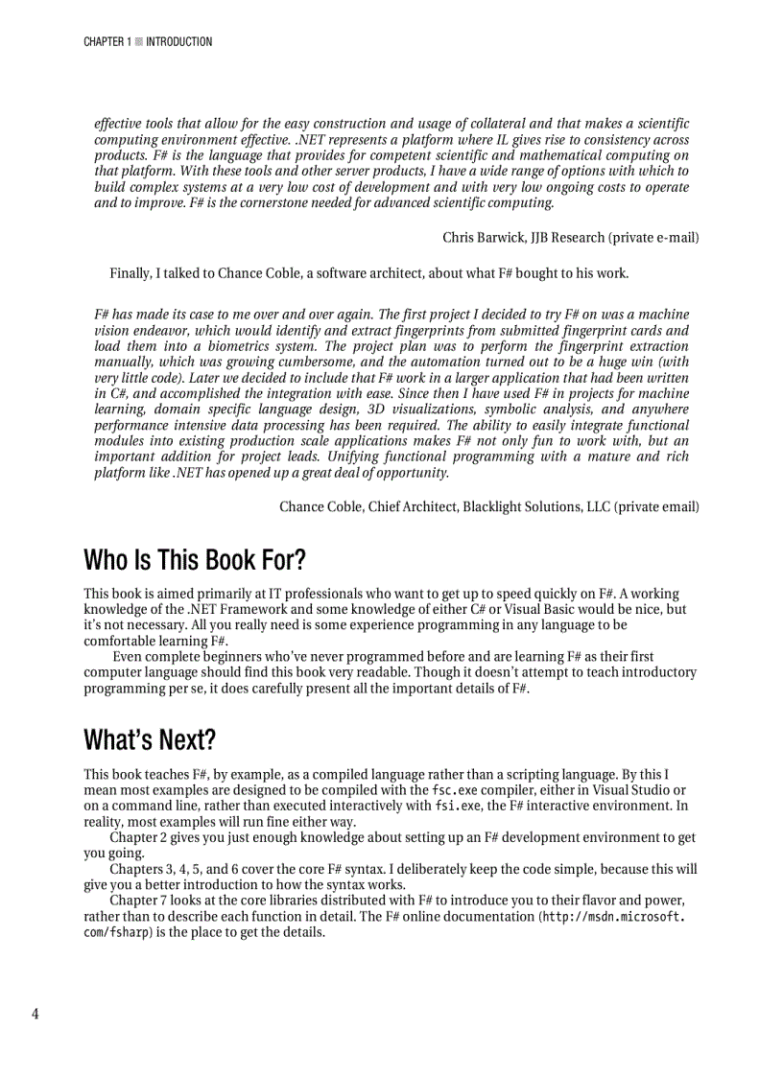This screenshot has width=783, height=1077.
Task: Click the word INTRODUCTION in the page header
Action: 179,42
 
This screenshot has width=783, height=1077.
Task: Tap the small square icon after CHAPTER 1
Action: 139,42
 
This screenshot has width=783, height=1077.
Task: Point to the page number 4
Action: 36,1014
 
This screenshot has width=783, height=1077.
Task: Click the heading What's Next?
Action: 150,740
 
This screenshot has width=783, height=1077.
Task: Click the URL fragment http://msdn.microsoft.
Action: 614,917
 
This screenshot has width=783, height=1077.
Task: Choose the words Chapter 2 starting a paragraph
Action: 139,838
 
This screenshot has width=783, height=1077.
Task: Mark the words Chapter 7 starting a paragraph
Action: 139,901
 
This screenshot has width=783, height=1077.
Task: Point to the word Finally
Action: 130,273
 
